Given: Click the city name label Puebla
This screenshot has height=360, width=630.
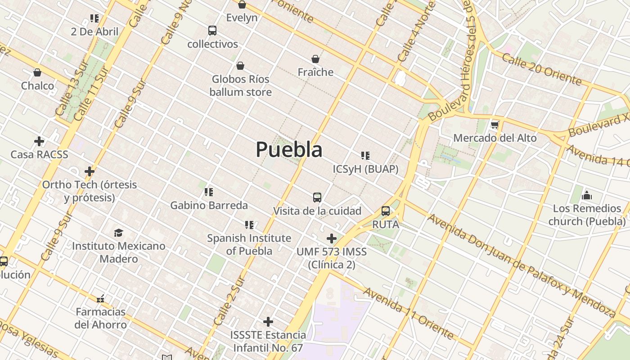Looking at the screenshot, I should (x=289, y=150).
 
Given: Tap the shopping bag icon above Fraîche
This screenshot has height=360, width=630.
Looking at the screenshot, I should (x=315, y=59).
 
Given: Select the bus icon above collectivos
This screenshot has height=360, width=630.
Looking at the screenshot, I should (x=212, y=31).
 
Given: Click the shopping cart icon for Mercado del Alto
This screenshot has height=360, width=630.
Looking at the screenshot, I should (x=495, y=125).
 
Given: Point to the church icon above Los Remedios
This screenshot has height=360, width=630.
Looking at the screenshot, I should (x=587, y=195).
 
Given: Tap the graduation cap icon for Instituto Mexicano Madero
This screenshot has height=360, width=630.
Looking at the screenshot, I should (x=118, y=233).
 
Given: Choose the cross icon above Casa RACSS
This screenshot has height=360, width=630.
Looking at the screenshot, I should (x=39, y=141).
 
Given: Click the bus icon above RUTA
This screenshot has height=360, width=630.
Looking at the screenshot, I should (x=386, y=211).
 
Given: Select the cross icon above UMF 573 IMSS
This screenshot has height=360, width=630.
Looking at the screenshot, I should (x=332, y=238).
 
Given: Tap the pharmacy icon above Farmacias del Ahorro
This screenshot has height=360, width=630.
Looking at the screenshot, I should (x=100, y=298).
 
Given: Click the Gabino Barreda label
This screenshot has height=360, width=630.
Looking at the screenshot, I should (x=209, y=206).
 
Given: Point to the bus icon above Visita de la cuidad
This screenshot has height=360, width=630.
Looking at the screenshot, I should (x=317, y=197).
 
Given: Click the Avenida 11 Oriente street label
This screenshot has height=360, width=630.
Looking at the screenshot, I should (x=409, y=313).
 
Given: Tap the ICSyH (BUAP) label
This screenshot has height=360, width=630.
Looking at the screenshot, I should (x=365, y=169).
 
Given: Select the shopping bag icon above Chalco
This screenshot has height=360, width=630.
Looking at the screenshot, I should (x=37, y=72).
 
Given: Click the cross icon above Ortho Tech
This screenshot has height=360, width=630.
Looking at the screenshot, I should (x=90, y=171).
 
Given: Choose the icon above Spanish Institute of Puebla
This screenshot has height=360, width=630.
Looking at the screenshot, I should (x=249, y=225).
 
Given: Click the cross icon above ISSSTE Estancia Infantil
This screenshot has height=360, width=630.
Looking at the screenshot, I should (x=268, y=322).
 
